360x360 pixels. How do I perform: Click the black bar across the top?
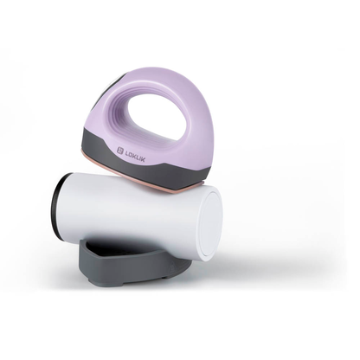180,22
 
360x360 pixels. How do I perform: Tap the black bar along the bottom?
180,337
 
